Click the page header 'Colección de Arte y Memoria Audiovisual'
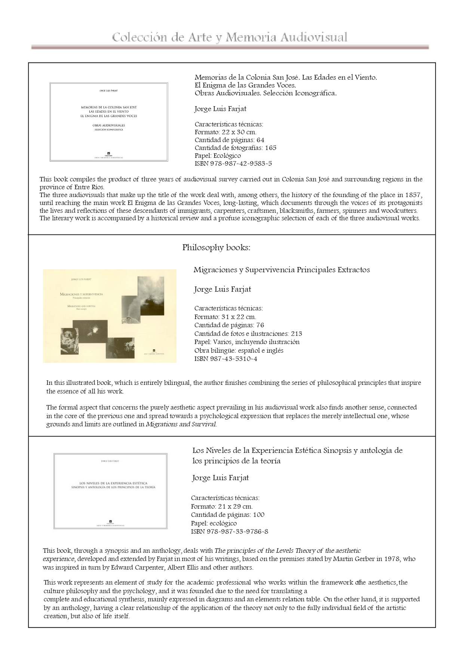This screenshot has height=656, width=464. click(230, 37)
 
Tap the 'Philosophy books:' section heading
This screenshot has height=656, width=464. click(216, 248)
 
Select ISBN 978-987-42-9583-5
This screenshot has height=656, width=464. click(233, 163)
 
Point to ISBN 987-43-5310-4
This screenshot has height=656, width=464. click(225, 359)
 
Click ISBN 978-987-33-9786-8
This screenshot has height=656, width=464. click(229, 531)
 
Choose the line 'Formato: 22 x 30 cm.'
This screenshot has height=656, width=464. click(225, 132)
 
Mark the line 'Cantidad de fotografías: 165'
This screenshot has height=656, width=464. click(235, 148)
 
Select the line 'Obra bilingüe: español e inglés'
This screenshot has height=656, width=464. click(239, 350)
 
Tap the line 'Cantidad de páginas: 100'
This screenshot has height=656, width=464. click(227, 515)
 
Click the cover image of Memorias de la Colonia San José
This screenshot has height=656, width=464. click(109, 122)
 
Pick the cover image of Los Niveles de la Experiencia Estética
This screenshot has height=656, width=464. click(110, 491)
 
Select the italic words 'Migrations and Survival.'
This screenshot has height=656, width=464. click(181, 424)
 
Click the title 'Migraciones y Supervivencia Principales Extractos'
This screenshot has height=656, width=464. click(281, 270)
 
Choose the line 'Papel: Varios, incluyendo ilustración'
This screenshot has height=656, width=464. click(247, 342)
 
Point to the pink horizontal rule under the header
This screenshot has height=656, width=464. click(230, 47)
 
